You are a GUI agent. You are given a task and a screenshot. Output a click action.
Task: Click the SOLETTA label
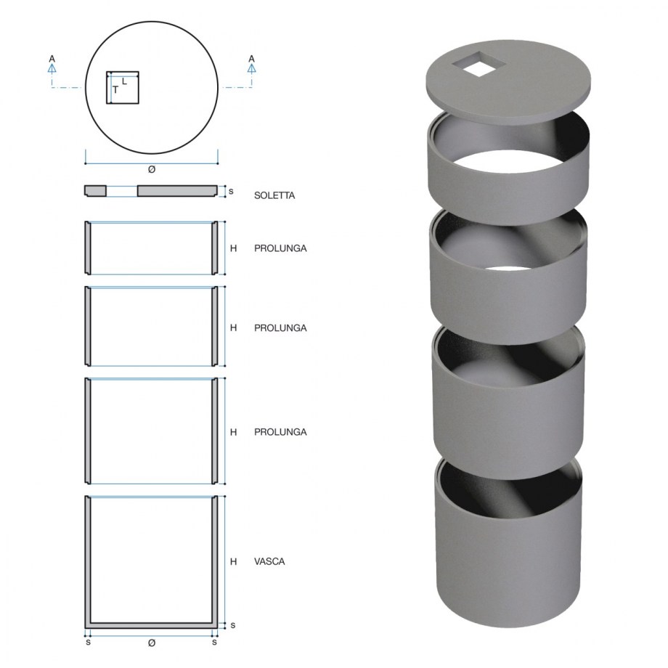274,195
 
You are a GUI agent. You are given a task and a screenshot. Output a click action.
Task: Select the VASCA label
269,561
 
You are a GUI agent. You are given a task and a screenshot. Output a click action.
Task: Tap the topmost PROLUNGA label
280,248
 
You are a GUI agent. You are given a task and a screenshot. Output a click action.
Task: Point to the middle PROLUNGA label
280,328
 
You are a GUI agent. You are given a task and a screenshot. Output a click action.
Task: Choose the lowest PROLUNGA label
280,432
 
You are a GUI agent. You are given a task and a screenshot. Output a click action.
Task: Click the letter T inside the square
115,90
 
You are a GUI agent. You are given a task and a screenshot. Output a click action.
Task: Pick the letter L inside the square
124,81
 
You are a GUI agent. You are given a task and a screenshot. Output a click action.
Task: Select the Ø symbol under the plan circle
152,170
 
